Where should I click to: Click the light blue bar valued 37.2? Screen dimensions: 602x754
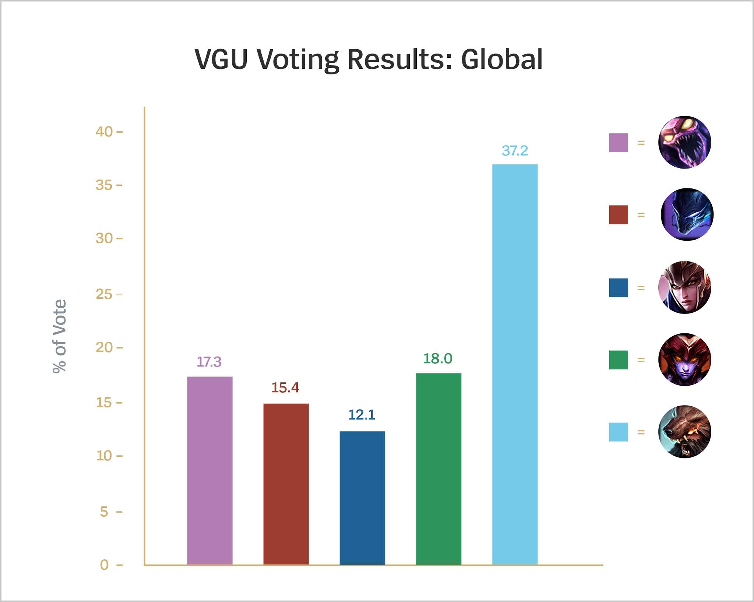coord(515,364)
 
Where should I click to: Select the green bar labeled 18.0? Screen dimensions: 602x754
coord(438,469)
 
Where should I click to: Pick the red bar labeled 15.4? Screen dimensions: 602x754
coord(286,484)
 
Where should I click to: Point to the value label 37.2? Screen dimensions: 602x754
coord(515,150)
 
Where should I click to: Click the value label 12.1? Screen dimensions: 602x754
coord(362,415)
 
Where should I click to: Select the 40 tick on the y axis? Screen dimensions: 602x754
coord(105,132)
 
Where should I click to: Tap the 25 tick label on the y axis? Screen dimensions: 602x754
coord(104,294)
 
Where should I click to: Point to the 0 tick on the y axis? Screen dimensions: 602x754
coord(105,564)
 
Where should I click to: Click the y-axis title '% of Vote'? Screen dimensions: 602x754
coord(60,336)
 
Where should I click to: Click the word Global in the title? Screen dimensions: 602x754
coord(501,59)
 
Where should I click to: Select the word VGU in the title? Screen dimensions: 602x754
coord(221,59)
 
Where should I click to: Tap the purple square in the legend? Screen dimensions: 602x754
coord(619,143)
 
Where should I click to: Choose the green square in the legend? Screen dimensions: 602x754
coord(619,360)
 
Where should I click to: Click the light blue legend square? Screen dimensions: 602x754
coord(619,432)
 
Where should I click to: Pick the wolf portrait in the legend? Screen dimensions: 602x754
coord(684,432)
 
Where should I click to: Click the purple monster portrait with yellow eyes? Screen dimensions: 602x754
coord(684,142)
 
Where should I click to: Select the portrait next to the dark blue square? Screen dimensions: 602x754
coord(684,287)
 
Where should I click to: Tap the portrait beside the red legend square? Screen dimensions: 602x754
coord(687,215)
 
